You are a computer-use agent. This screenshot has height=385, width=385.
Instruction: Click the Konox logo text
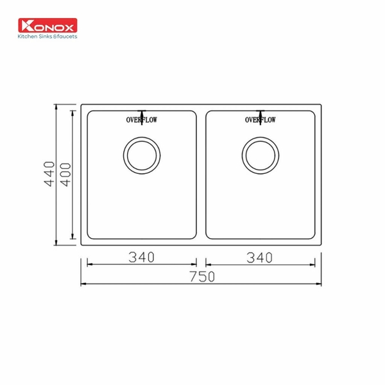click(48, 27)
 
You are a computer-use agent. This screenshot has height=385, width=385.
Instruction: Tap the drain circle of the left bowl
click(140, 154)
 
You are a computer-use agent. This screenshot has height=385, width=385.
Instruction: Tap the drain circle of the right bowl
click(261, 154)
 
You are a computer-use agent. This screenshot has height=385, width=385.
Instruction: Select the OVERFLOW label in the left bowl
click(141, 120)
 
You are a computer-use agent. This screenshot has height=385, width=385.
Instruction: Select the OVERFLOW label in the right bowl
click(261, 120)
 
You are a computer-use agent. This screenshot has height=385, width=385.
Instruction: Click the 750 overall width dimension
click(201, 277)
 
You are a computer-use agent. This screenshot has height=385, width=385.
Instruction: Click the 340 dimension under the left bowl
click(141, 257)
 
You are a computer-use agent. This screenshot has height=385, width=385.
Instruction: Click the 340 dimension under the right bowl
click(260, 257)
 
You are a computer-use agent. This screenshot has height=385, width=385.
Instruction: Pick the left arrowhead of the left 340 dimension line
click(89, 264)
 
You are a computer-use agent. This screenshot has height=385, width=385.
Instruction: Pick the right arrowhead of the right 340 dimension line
click(311, 264)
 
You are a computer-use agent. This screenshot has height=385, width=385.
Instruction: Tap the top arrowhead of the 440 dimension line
click(57, 107)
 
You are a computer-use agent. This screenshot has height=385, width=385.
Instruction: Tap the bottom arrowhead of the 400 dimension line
click(73, 235)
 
